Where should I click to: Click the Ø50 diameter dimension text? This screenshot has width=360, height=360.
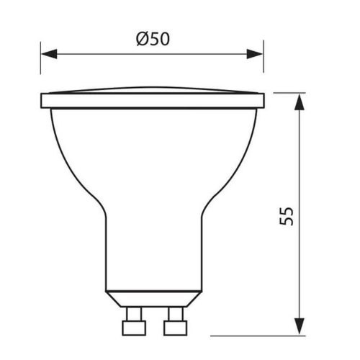coord(153,40)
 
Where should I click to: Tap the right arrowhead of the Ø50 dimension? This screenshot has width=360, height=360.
coord(256,54)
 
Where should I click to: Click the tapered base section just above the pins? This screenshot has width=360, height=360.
coord(153,298)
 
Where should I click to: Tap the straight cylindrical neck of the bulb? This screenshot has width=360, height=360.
coord(153,252)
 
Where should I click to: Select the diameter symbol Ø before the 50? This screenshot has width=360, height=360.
coord(142,40)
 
